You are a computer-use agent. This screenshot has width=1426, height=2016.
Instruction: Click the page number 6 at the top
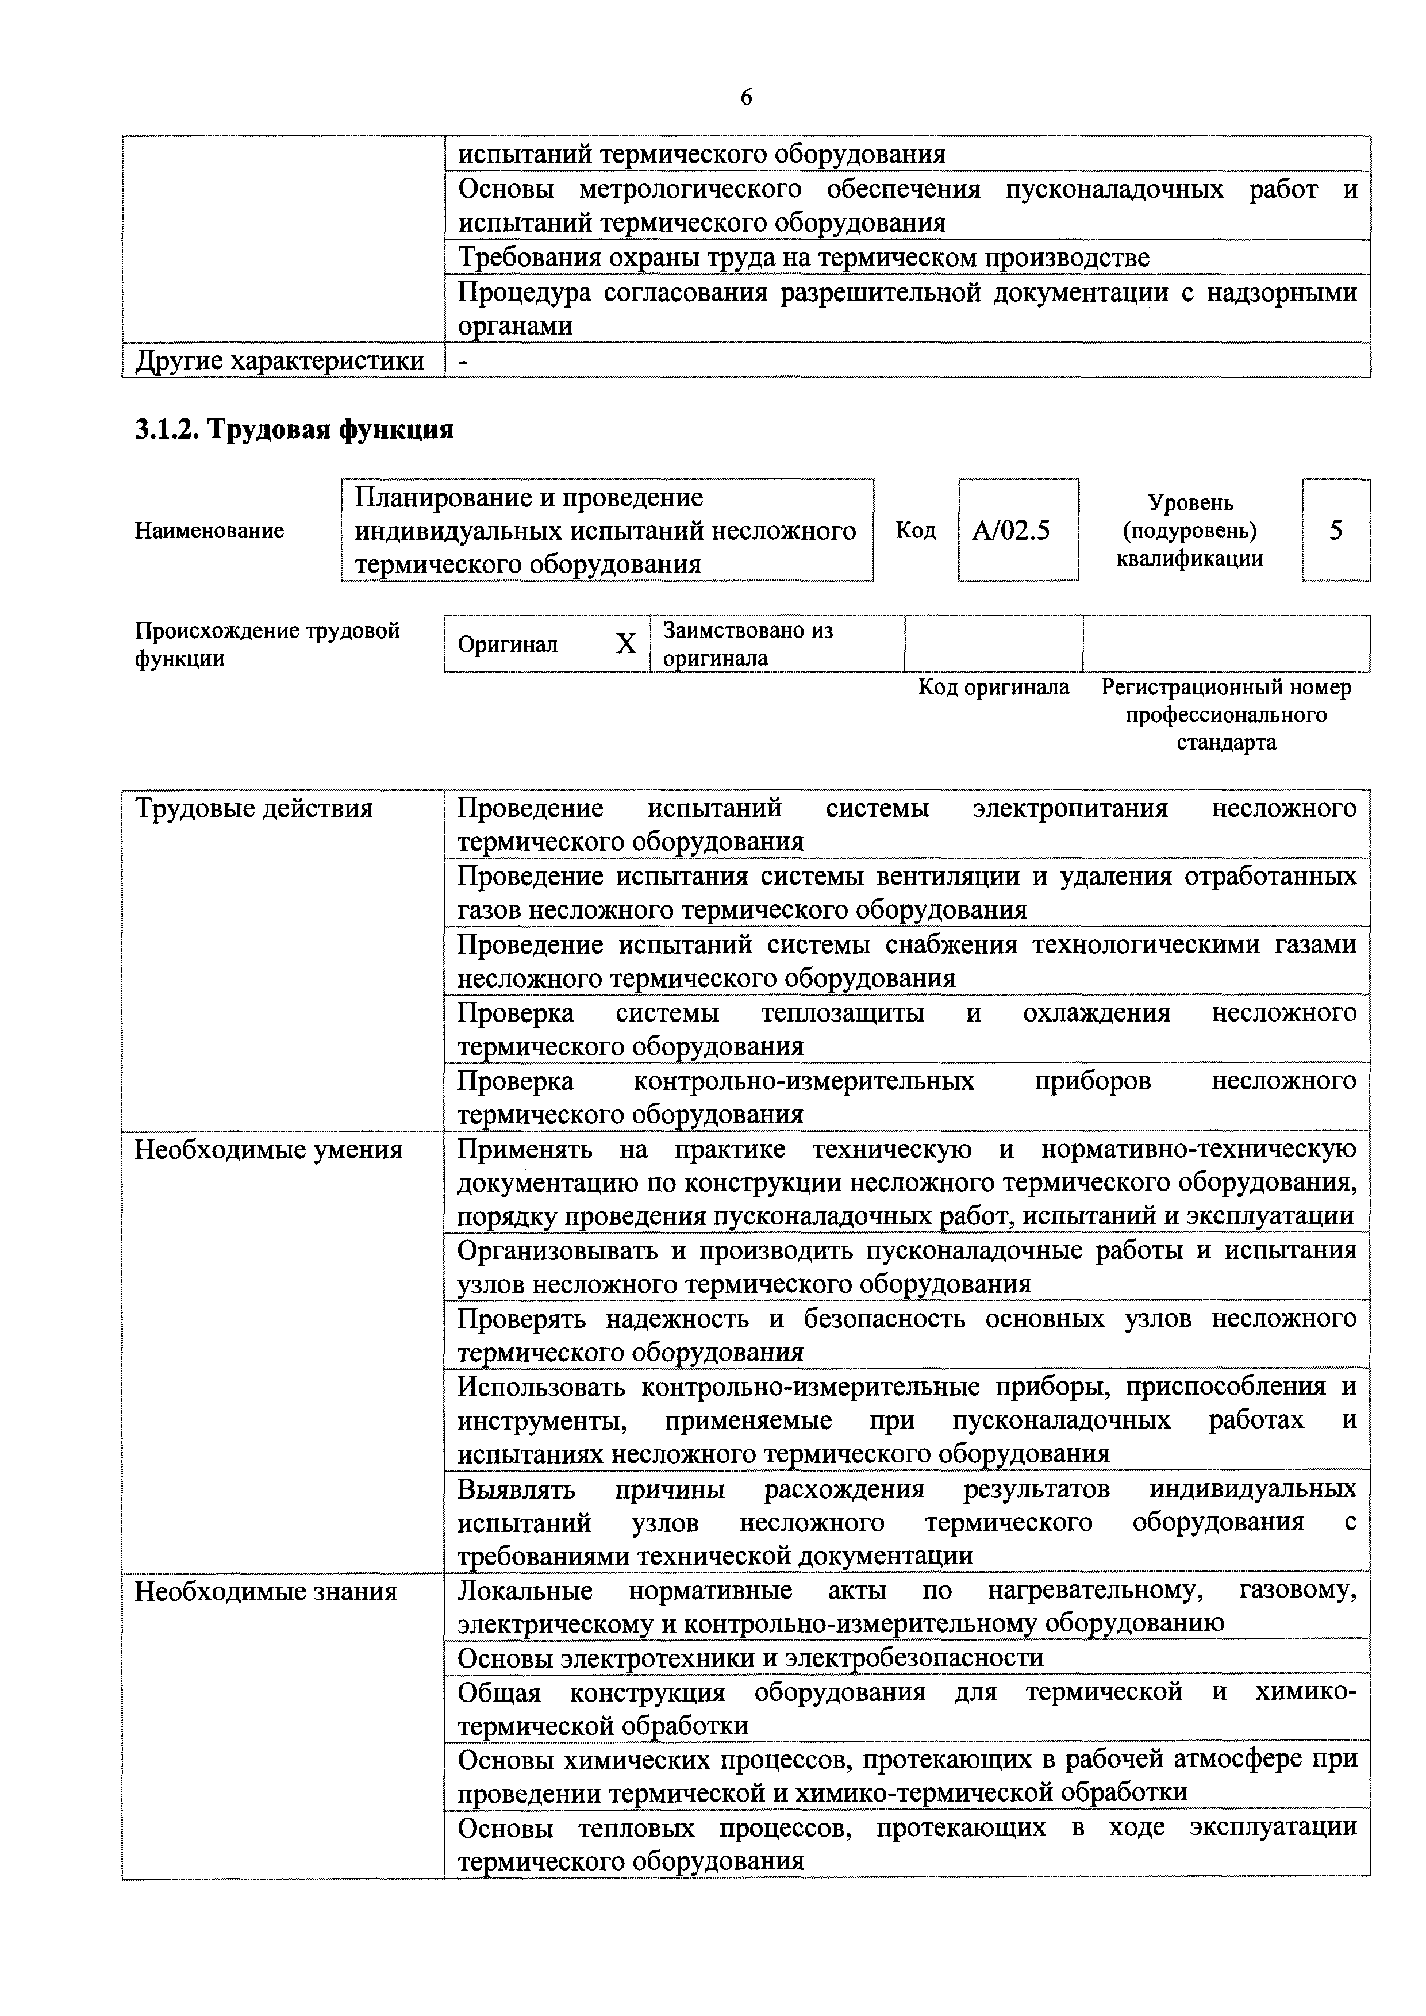click(x=745, y=98)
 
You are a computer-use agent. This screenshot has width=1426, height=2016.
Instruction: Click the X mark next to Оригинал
click(x=625, y=644)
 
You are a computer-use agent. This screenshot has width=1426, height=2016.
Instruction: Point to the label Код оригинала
click(x=993, y=686)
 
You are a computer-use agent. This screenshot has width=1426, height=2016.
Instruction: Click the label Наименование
click(x=209, y=531)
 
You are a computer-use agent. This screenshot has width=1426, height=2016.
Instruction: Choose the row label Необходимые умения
click(x=268, y=1149)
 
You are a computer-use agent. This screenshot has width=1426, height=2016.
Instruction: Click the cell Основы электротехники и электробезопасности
click(x=751, y=1658)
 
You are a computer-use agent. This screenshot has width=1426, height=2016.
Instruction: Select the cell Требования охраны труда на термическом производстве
click(x=804, y=258)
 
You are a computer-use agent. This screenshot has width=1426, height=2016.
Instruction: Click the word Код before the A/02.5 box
click(x=915, y=531)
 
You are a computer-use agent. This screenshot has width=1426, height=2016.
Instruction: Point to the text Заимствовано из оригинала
click(x=747, y=644)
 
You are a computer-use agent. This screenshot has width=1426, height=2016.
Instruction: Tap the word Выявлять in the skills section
click(x=516, y=1489)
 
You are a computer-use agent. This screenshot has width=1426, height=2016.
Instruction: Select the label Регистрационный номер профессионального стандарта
click(x=1226, y=714)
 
